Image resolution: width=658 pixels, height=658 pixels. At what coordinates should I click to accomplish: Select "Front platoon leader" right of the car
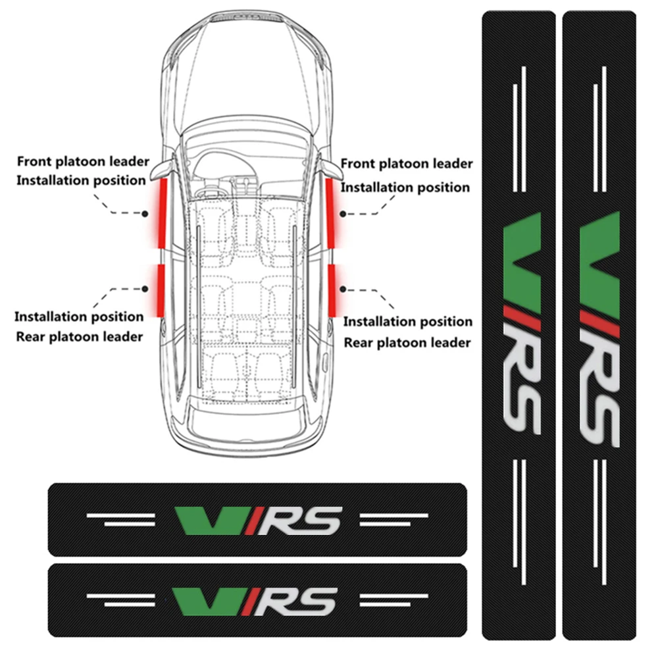[x=406, y=164]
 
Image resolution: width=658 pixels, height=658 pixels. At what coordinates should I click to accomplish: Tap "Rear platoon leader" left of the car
[x=78, y=336]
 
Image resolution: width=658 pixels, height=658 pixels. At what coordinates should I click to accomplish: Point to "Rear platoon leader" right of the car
[x=407, y=342]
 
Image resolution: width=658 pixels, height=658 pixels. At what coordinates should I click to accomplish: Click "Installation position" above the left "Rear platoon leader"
[x=79, y=316]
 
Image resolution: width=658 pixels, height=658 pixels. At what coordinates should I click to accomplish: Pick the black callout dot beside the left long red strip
[x=145, y=213]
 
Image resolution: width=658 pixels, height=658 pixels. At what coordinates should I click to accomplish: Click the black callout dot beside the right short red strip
[x=343, y=288]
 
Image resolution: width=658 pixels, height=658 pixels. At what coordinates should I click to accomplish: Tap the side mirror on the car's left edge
[x=156, y=173]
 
